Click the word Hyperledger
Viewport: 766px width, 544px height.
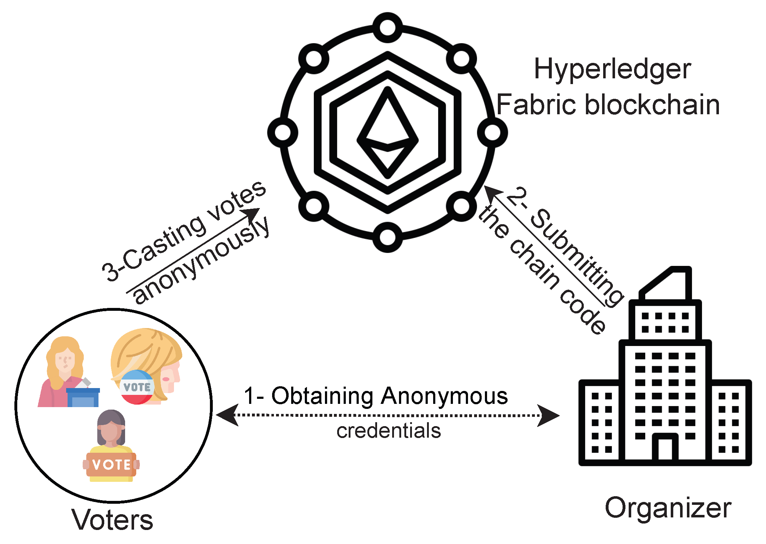(x=612, y=69)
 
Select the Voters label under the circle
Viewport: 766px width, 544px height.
(x=112, y=520)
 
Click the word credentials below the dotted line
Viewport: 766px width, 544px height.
(x=389, y=431)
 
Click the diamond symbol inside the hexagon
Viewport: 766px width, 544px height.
(x=387, y=133)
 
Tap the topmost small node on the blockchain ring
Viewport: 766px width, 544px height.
(x=387, y=27)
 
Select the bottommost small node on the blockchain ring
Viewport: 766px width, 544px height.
(x=387, y=237)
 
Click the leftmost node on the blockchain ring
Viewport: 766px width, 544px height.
(x=283, y=132)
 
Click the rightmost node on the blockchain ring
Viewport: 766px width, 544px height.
(x=492, y=132)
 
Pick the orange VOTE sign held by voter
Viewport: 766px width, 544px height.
(x=111, y=465)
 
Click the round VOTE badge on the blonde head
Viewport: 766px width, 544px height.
(x=137, y=387)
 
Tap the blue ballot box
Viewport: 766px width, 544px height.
(x=83, y=397)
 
